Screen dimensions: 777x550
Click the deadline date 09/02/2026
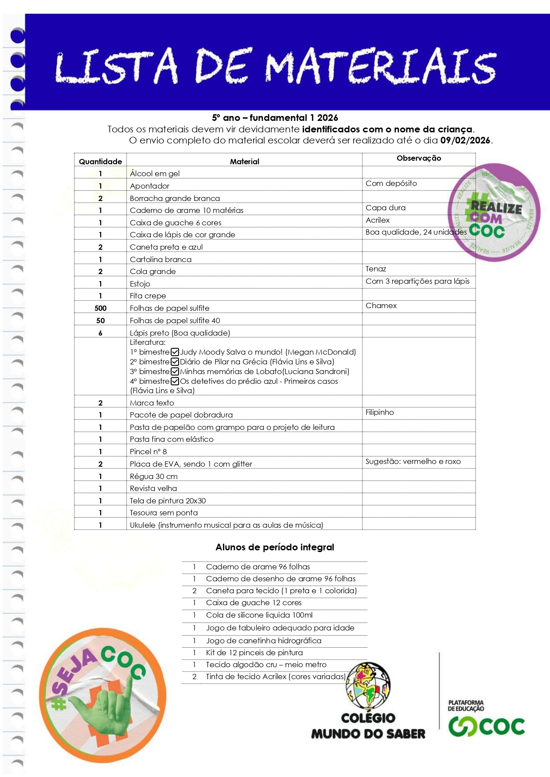(x=465, y=141)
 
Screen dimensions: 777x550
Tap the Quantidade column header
(x=100, y=162)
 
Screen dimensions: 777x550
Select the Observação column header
(x=418, y=158)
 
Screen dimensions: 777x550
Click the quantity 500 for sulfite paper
(x=100, y=308)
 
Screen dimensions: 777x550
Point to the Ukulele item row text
(x=226, y=525)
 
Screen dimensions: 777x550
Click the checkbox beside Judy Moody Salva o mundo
(x=175, y=352)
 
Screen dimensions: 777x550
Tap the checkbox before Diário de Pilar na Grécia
(x=175, y=362)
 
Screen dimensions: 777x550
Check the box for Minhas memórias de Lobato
(x=175, y=372)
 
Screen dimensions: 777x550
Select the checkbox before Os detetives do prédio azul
(x=175, y=381)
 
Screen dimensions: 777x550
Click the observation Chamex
(x=381, y=305)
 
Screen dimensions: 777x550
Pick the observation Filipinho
(x=379, y=412)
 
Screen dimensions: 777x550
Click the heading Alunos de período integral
(x=275, y=547)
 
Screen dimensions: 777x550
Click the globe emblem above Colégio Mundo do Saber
(x=368, y=686)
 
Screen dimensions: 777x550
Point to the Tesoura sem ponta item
(x=164, y=513)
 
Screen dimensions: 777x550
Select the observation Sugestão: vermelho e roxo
(x=413, y=461)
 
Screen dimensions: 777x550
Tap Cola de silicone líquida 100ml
(x=259, y=615)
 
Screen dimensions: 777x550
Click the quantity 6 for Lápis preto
(x=100, y=333)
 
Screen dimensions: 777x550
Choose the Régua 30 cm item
(x=153, y=476)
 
